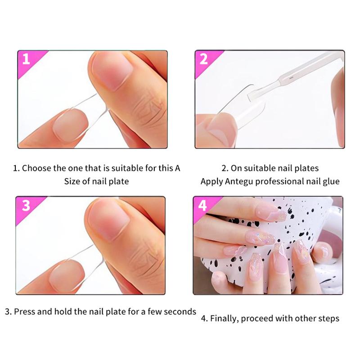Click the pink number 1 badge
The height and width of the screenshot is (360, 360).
[x=26, y=59]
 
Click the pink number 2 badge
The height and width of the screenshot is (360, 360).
[x=204, y=59]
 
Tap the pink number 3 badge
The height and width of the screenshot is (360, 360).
[x=26, y=205]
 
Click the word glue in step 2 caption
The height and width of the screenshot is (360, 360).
[x=330, y=181]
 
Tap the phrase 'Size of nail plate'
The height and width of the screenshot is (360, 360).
[x=96, y=181]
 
